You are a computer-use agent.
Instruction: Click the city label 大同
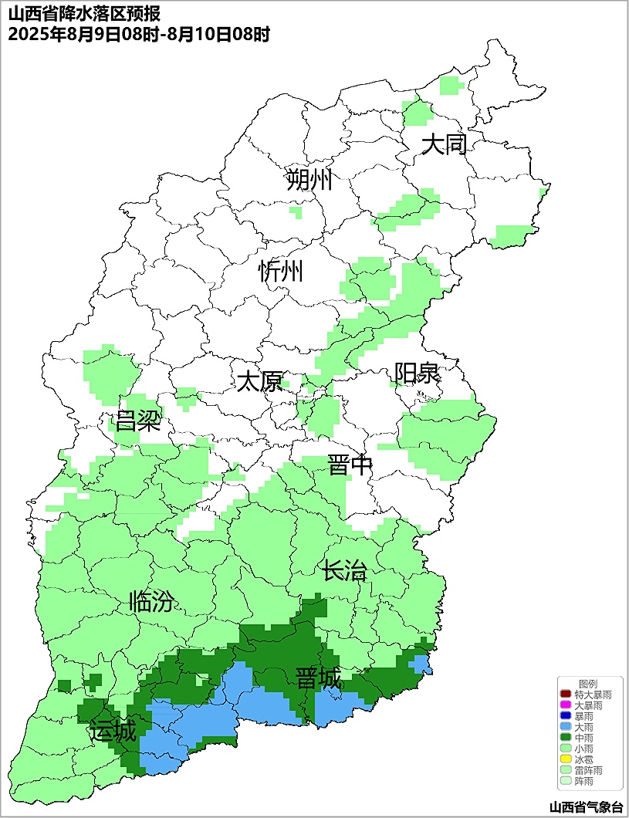[x=444, y=144]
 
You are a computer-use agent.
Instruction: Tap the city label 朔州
[x=309, y=181]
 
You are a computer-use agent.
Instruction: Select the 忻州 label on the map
[x=281, y=272]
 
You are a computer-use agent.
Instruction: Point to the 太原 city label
[x=259, y=382]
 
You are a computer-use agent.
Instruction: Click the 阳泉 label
[x=417, y=374]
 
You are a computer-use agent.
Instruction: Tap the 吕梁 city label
[x=137, y=421]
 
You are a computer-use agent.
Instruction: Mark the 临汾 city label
[x=151, y=601]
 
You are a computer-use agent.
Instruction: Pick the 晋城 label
[x=318, y=679]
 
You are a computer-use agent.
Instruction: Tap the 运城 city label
[x=113, y=730]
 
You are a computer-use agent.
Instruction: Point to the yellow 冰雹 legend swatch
[x=565, y=760]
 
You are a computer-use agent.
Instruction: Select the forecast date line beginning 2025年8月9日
[x=138, y=35]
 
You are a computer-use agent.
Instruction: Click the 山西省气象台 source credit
[x=585, y=807]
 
